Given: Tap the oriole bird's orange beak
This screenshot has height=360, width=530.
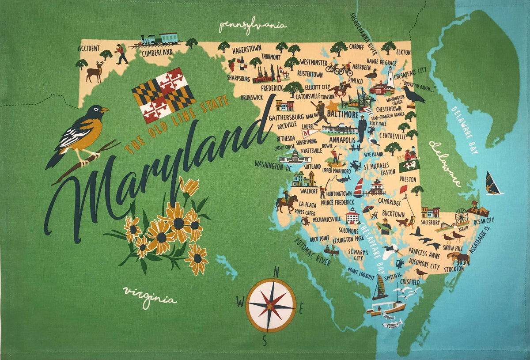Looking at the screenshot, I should pyautogui.click(x=105, y=110).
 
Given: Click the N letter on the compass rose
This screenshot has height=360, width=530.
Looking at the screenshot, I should pyautogui.click(x=276, y=272).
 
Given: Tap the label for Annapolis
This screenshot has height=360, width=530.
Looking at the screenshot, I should pyautogui.click(x=342, y=140).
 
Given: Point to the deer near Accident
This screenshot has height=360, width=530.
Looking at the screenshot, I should pyautogui.click(x=95, y=72).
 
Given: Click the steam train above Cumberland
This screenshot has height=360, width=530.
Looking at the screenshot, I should pyautogui.click(x=160, y=40).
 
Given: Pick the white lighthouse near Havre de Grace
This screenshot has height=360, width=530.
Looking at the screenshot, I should pyautogui.click(x=390, y=78).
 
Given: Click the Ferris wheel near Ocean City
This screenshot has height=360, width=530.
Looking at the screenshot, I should pyautogui.click(x=462, y=216).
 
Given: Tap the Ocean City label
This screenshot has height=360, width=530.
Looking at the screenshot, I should pyautogui.click(x=483, y=220).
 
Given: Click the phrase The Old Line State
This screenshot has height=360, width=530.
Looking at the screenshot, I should pyautogui.click(x=177, y=125).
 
